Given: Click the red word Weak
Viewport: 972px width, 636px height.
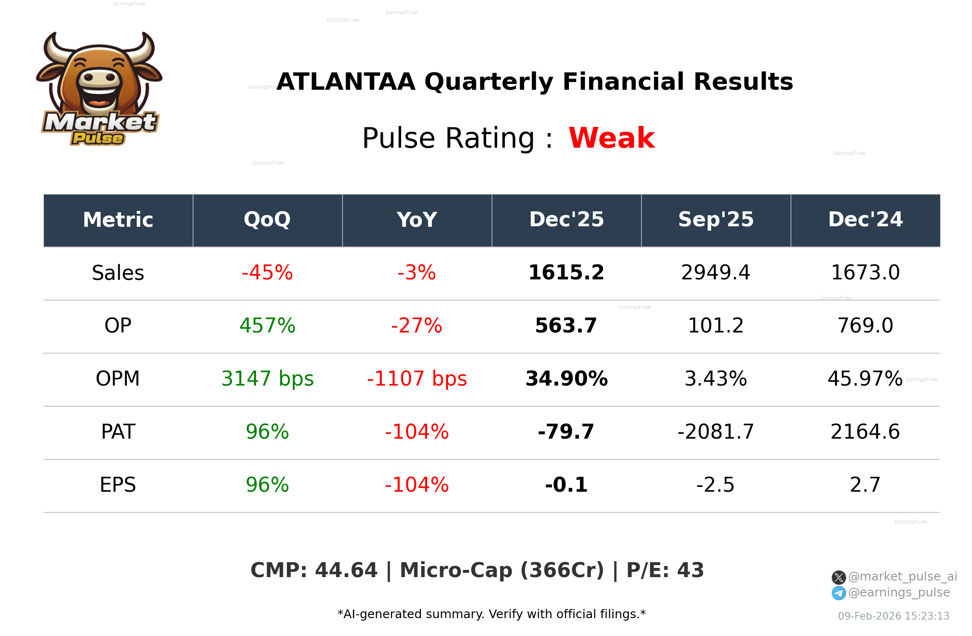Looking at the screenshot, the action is point(611,138).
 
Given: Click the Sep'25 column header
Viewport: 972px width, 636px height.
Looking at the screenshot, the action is point(715,220).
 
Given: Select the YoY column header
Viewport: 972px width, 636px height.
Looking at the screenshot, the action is point(417,220).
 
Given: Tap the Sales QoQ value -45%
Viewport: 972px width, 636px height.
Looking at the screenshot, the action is point(267,273).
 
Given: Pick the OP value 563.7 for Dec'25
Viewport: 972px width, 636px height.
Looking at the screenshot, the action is point(566,326).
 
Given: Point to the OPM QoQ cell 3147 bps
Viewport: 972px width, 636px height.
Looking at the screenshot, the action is point(267,379).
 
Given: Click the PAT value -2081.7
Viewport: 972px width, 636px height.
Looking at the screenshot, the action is point(715,432).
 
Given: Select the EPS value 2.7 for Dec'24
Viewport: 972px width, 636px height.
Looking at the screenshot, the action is point(865,485).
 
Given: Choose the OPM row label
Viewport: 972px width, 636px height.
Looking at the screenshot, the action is point(118,379).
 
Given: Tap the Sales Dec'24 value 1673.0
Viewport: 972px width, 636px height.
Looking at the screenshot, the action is point(865,273).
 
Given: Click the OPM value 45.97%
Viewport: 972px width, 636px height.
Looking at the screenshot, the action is point(865,379).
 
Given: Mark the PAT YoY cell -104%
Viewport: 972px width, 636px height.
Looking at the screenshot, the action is point(417,432).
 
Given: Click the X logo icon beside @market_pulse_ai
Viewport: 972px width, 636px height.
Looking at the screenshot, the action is point(838,577).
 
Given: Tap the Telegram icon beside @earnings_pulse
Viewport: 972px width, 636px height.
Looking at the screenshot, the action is point(838,593).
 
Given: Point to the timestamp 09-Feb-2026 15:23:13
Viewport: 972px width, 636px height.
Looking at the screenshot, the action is point(893,616).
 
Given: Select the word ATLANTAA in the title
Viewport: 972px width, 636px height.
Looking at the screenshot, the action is point(346,82).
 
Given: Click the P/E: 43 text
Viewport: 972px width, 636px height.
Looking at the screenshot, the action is point(665,570).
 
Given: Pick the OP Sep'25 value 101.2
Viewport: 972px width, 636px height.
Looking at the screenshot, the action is point(715,326).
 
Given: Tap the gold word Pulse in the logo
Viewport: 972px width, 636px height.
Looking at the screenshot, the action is point(98,138).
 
